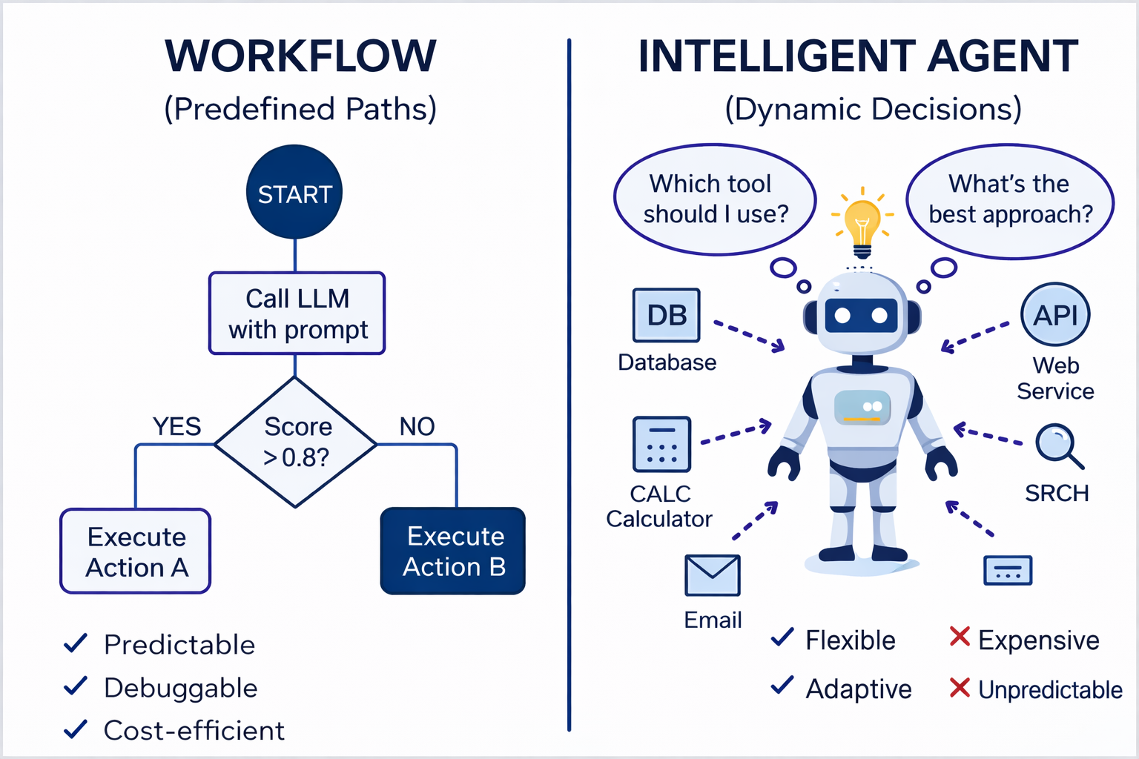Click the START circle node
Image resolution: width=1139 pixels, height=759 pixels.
(x=294, y=193)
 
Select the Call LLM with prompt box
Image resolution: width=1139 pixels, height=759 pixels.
(x=297, y=314)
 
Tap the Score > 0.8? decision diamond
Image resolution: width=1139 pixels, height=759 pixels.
(x=296, y=443)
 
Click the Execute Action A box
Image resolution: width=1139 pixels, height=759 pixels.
(x=136, y=551)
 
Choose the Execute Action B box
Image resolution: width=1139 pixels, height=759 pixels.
(x=453, y=551)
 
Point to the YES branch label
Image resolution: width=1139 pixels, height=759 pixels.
(x=176, y=426)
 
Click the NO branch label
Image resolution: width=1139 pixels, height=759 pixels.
(x=417, y=426)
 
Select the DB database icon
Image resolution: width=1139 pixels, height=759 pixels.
(x=666, y=315)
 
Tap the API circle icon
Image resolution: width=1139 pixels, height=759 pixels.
(x=1055, y=314)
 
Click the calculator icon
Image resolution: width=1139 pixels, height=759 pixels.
(x=661, y=444)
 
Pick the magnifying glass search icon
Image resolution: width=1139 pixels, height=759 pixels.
(x=1058, y=445)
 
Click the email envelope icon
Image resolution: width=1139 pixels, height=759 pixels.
(x=712, y=575)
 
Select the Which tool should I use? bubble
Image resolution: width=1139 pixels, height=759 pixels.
(x=715, y=199)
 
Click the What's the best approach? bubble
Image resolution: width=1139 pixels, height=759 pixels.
(x=1010, y=199)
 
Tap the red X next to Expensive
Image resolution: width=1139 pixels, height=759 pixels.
(x=960, y=637)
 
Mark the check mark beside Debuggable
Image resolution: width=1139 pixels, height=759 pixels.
(x=76, y=686)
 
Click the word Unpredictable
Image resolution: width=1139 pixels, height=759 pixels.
(x=1050, y=689)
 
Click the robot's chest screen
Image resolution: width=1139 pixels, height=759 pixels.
(x=862, y=407)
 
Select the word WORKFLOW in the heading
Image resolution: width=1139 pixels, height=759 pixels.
(x=300, y=56)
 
